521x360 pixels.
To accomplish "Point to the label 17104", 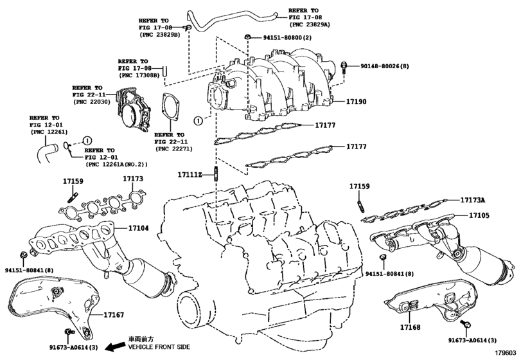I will [138, 228].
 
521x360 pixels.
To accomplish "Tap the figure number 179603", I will [506, 352].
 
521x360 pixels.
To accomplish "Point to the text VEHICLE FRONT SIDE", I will [159, 346].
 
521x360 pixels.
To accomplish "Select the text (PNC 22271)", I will [173, 148].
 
